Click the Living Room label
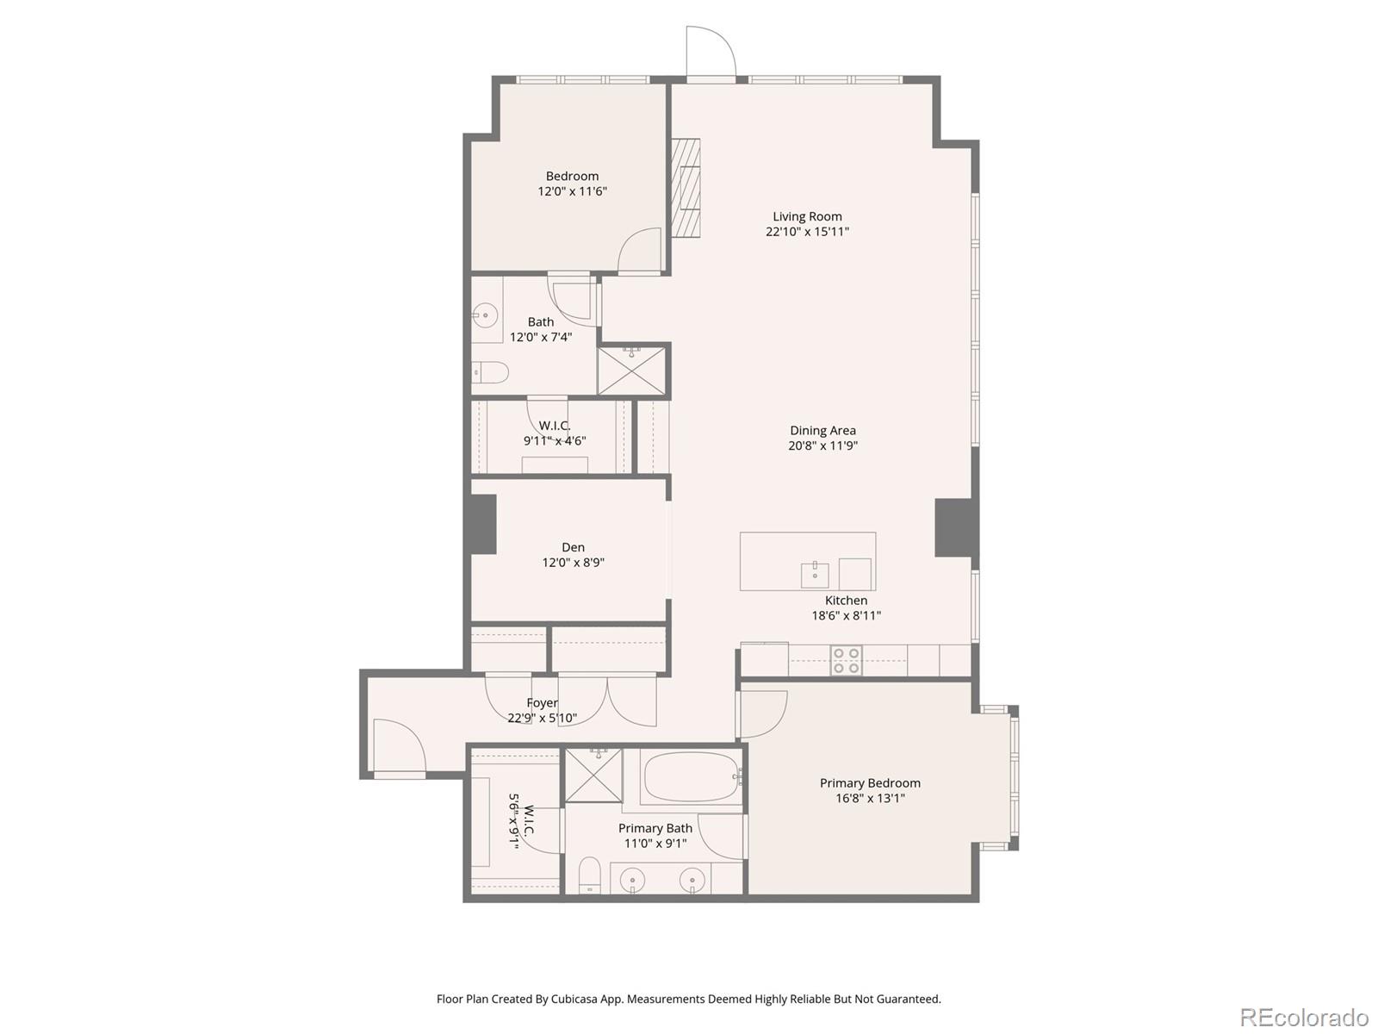coord(807,216)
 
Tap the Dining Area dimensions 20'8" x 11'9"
coord(822,445)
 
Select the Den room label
coord(573,547)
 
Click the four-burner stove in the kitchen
coord(846,661)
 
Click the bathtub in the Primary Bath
coord(691,777)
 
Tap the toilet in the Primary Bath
coord(589,875)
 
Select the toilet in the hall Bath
coord(491,372)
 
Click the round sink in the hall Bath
coord(486,315)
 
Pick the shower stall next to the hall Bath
coord(631,371)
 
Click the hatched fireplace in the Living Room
coord(686,188)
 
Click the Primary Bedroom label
coord(870,782)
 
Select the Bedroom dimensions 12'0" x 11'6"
coord(572,191)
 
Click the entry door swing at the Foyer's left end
coord(398,746)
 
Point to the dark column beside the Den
coord(482,524)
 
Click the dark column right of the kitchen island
coord(956,527)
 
